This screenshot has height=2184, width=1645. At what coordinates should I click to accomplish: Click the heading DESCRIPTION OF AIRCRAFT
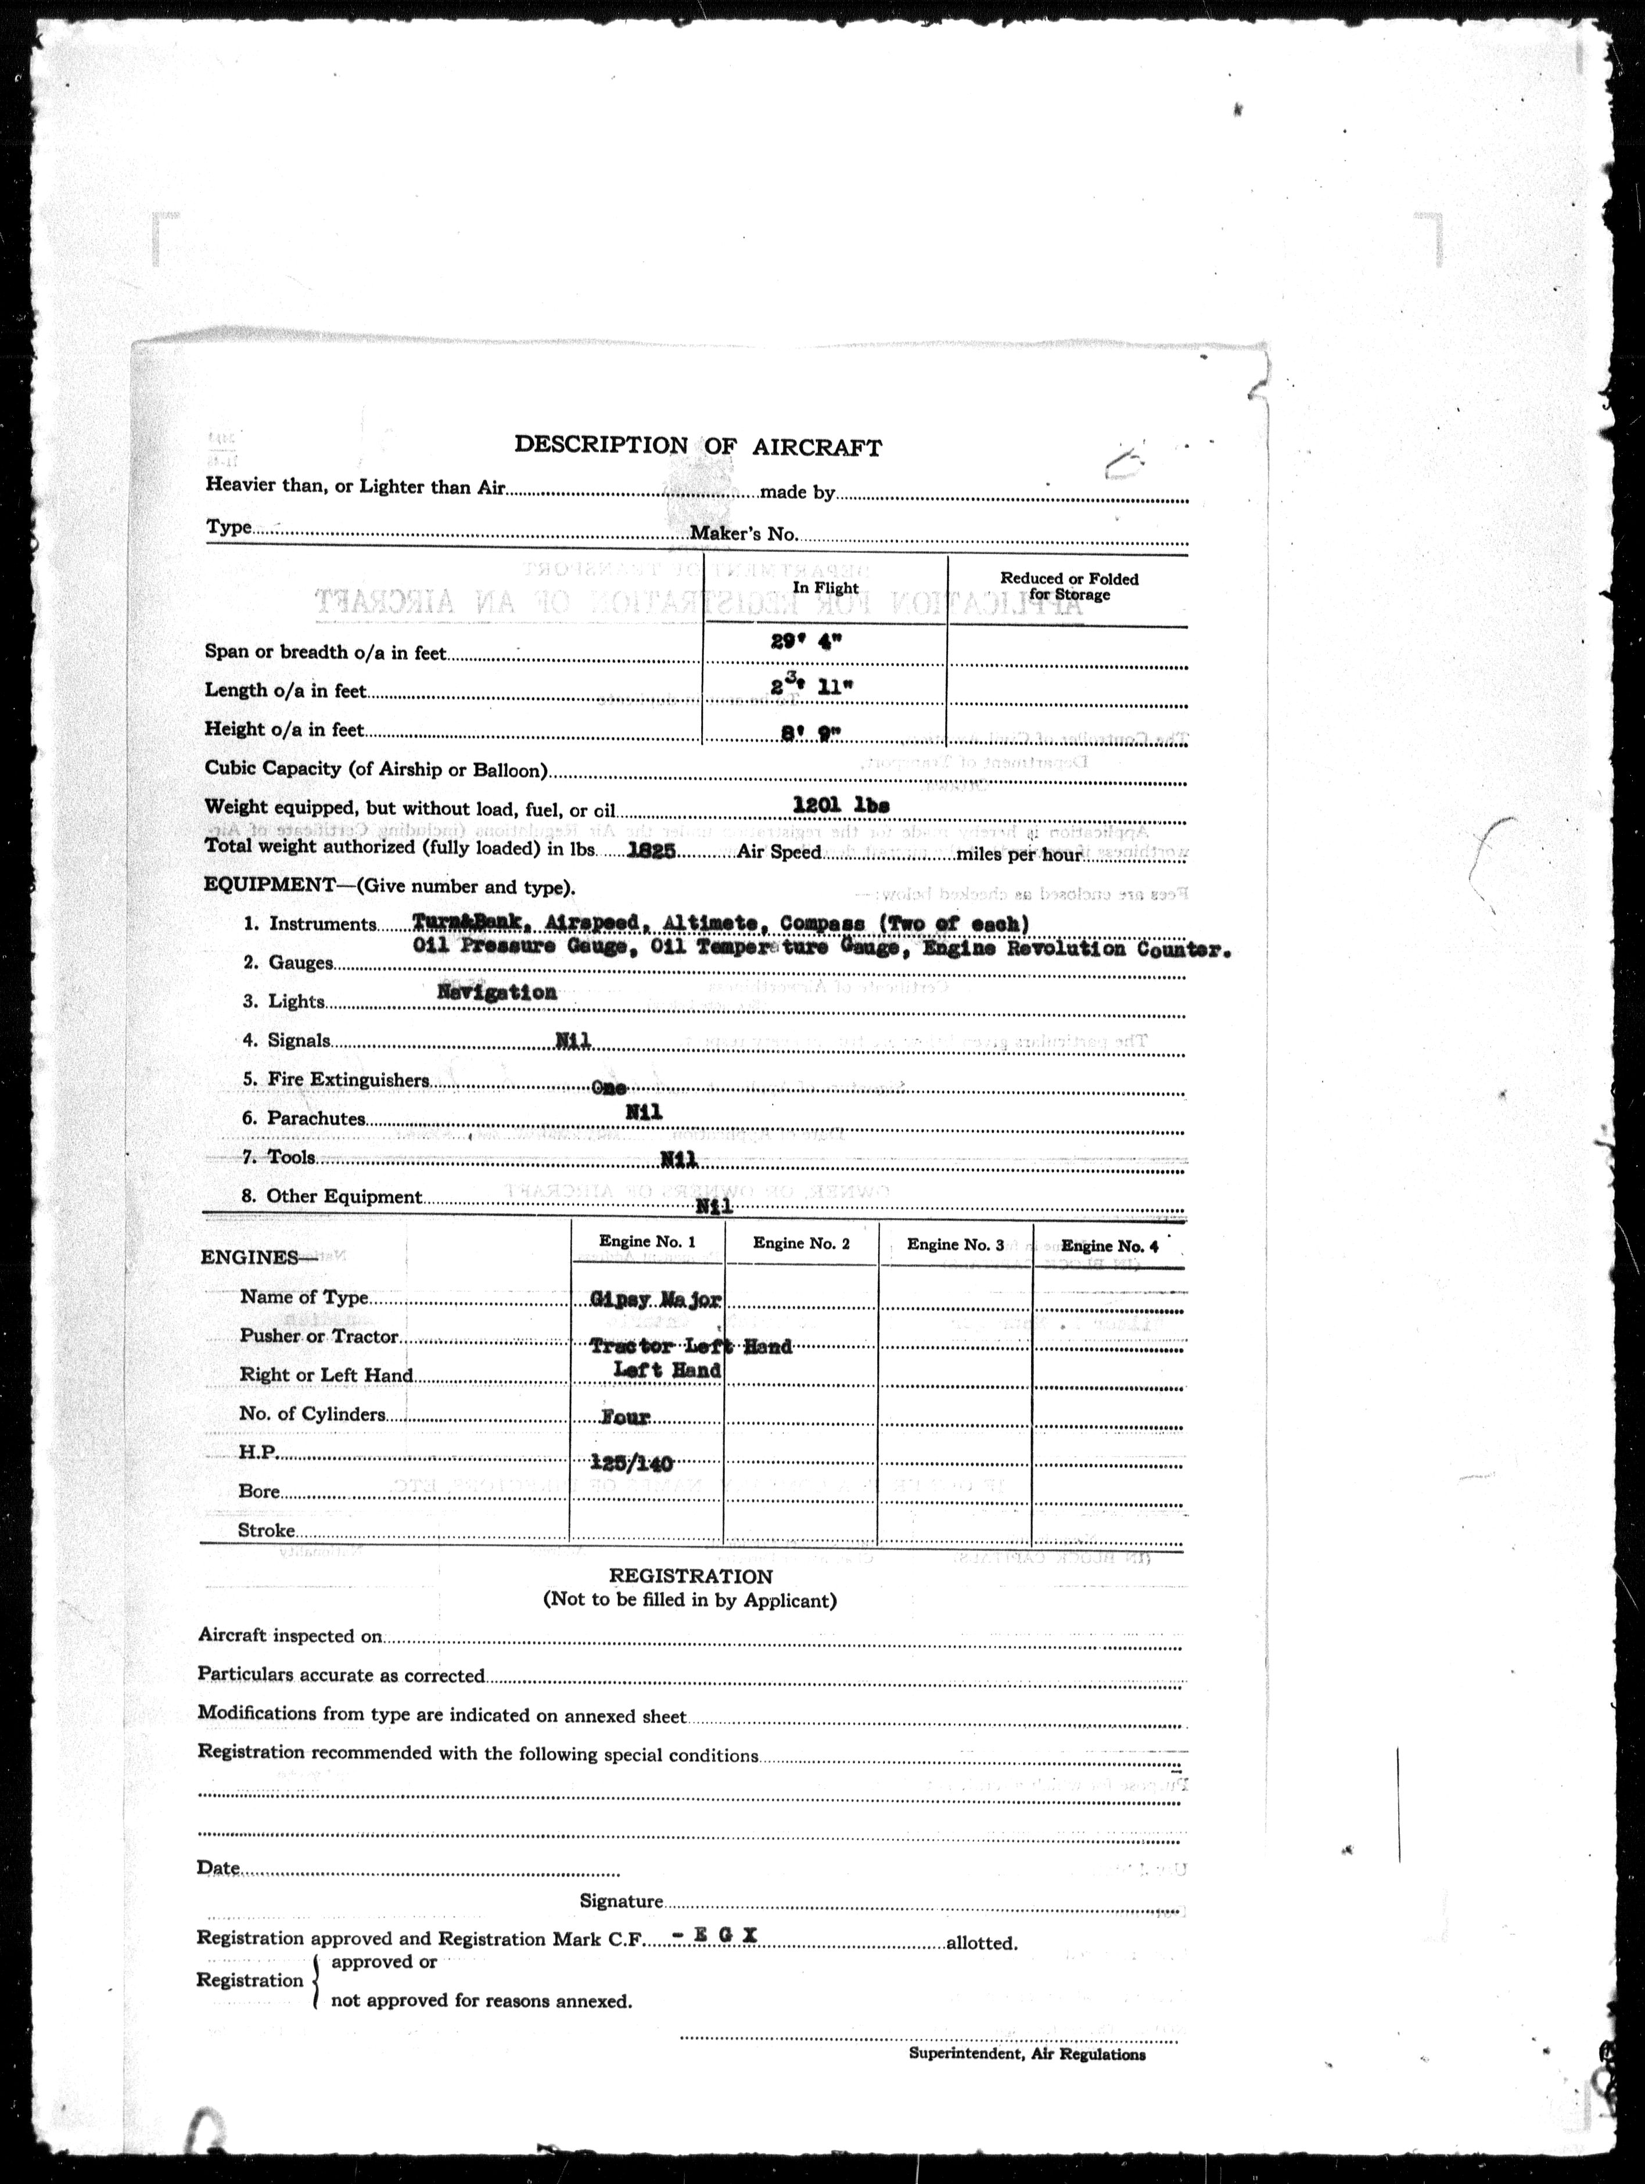[x=697, y=446]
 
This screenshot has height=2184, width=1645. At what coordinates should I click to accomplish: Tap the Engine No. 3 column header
[x=955, y=1245]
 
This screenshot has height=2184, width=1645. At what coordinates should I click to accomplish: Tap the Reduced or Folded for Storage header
[x=1069, y=587]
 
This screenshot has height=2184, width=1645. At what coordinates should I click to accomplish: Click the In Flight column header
[x=825, y=587]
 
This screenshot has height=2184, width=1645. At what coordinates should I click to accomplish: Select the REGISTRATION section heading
[x=690, y=1577]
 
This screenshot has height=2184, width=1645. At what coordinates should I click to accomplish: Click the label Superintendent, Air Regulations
[x=1027, y=2054]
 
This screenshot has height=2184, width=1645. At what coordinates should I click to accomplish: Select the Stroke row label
[x=267, y=1531]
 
